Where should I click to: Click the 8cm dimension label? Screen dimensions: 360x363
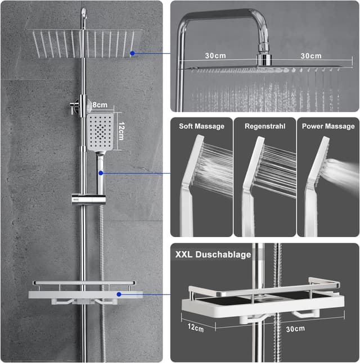pyautogui.click(x=100, y=105)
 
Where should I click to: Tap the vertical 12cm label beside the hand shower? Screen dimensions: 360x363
pyautogui.click(x=121, y=131)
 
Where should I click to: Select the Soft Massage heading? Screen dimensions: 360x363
pyautogui.click(x=202, y=126)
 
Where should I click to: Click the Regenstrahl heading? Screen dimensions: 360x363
pyautogui.click(x=265, y=126)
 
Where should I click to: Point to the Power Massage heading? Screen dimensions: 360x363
pyautogui.click(x=328, y=126)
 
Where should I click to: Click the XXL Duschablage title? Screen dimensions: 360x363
pyautogui.click(x=213, y=255)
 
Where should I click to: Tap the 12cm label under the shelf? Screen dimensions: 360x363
pyautogui.click(x=196, y=328)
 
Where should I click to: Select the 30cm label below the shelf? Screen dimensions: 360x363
pyautogui.click(x=295, y=329)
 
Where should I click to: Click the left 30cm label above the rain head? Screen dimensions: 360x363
pyautogui.click(x=215, y=56)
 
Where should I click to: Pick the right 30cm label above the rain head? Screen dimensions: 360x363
pyautogui.click(x=311, y=56)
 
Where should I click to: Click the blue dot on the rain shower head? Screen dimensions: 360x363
pyautogui.click(x=132, y=53)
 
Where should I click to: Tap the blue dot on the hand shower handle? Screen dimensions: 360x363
pyautogui.click(x=101, y=173)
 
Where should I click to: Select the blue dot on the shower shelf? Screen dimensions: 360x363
pyautogui.click(x=119, y=294)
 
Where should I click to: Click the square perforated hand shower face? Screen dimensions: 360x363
pyautogui.click(x=100, y=131)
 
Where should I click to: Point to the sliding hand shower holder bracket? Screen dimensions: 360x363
pyautogui.click(x=89, y=199)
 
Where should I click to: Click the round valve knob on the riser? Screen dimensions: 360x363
pyautogui.click(x=74, y=107)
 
